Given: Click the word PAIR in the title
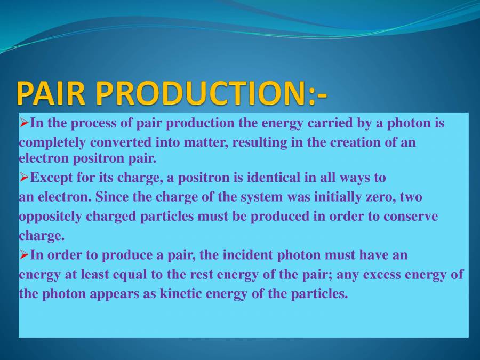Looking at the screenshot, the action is point(51,93).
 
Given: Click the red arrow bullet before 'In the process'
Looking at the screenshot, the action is point(24,123).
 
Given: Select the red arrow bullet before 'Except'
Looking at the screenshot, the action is point(24,178).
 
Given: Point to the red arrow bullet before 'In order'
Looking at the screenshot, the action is point(24,255).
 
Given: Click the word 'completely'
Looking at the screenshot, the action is point(52,143).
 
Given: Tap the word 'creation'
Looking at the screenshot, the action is point(354,142).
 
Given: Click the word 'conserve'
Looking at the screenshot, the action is point(411,217).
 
